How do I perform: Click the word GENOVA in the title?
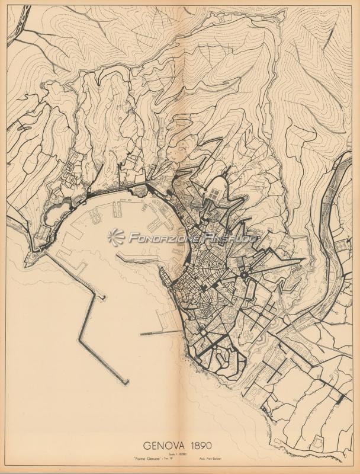pos(164,444)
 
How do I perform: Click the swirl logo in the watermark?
pos(116,237)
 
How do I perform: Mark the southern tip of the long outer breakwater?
pos(125,383)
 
